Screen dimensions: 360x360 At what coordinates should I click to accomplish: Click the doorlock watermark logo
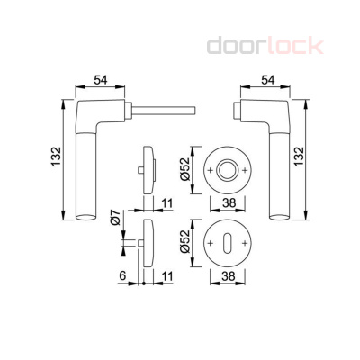point(265,46)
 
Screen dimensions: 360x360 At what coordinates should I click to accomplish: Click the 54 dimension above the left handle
point(101,80)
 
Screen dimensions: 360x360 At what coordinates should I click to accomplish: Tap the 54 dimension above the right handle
point(268,80)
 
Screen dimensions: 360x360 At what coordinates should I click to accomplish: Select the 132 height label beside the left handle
point(56,157)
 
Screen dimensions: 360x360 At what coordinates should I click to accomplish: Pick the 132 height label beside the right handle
point(299,157)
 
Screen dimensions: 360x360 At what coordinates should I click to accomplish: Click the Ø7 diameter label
point(115,218)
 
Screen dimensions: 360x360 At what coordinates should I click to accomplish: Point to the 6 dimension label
point(122,275)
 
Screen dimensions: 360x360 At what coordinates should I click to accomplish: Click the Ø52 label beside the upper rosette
point(185,170)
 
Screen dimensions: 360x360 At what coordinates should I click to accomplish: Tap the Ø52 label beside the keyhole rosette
point(185,241)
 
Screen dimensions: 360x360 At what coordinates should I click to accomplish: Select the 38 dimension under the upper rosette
point(229,203)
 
